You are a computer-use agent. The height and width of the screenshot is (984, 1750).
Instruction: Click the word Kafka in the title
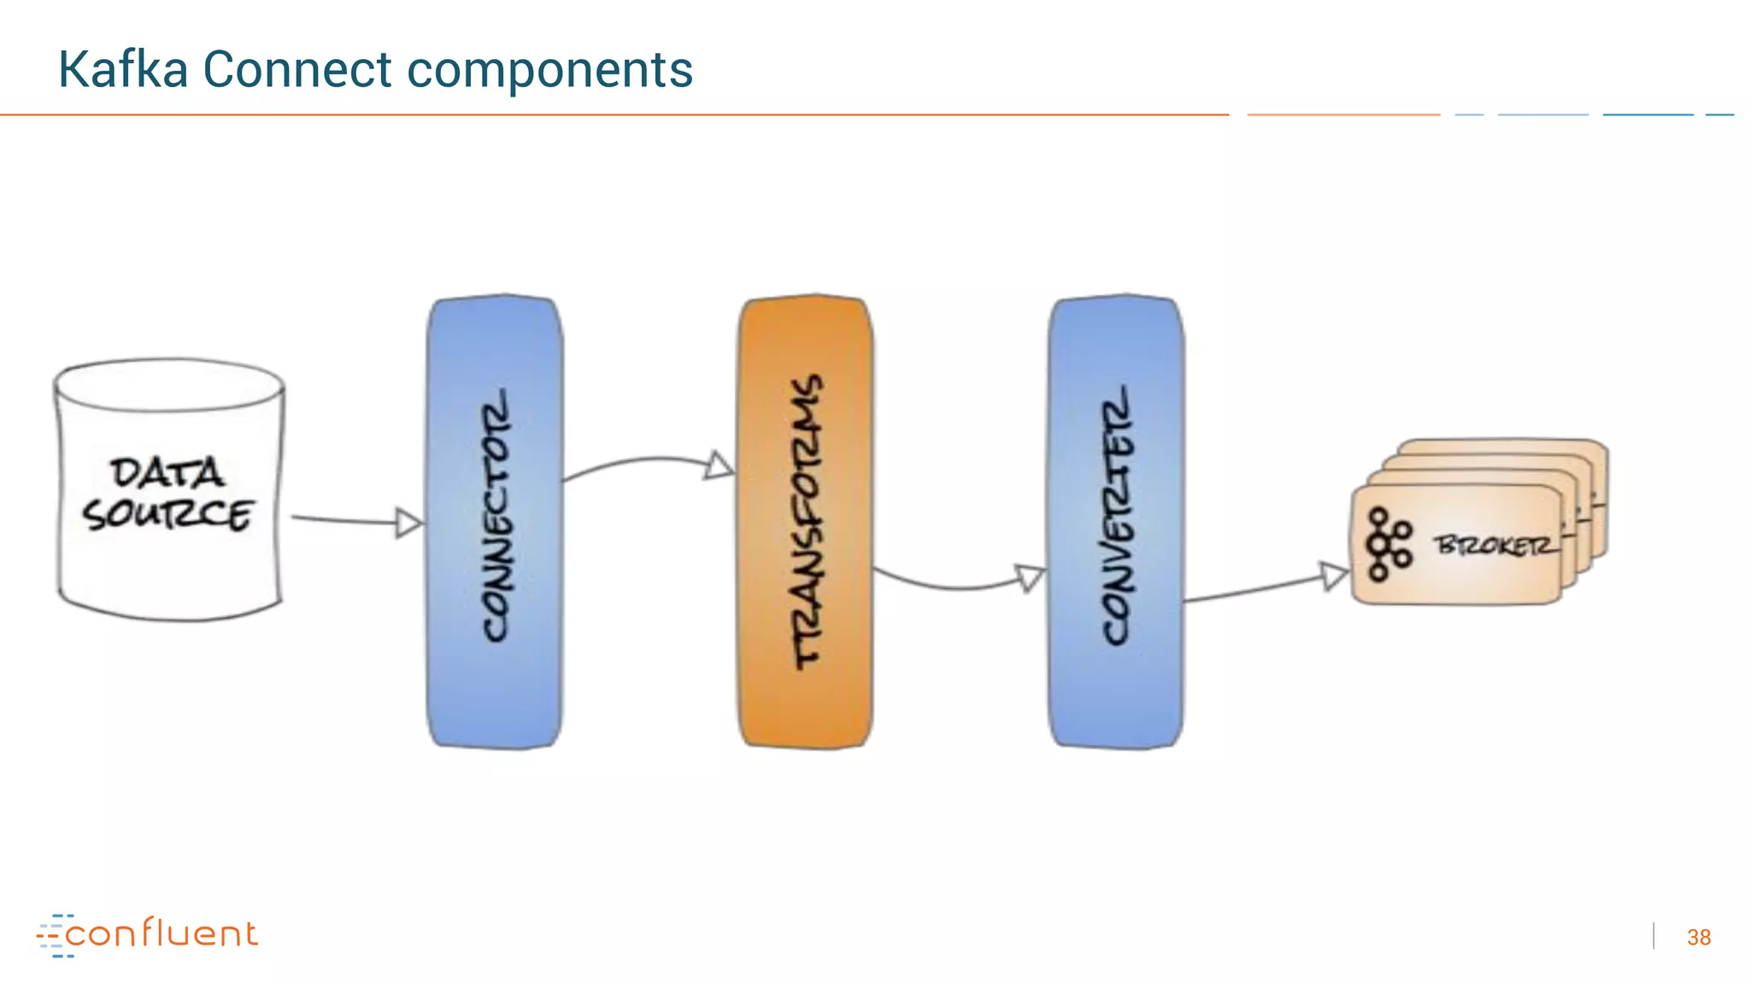pos(122,69)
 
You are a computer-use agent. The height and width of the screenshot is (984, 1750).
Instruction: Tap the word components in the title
pos(549,71)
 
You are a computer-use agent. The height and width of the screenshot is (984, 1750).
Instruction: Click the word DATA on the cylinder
pos(167,472)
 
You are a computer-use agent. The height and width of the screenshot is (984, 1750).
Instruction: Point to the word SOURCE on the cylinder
pos(167,515)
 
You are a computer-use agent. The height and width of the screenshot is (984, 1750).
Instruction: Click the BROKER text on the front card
pos(1496,545)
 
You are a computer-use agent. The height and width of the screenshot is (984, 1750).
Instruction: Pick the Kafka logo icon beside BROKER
pos(1388,545)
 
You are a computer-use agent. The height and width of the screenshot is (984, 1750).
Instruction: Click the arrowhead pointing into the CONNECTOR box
pos(409,523)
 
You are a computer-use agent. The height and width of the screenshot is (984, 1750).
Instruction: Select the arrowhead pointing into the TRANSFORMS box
pos(719,466)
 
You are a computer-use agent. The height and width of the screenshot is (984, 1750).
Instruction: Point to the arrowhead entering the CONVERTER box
pos(1029,578)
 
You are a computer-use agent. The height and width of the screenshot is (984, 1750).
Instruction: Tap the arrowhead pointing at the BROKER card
pos(1334,576)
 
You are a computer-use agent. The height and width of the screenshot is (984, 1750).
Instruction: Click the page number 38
pos(1699,937)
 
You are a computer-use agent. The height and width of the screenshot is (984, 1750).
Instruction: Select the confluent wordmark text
pos(161,934)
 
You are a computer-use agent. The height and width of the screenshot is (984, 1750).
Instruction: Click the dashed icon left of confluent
pos(53,935)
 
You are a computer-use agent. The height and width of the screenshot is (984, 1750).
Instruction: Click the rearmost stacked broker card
pos(1504,448)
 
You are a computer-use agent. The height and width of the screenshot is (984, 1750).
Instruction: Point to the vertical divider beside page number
pos(1654,936)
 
